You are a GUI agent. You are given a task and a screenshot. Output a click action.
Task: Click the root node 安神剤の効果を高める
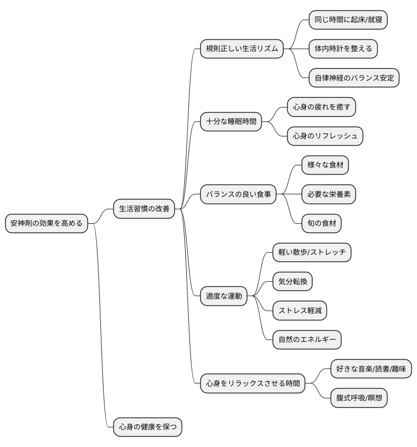[47, 223]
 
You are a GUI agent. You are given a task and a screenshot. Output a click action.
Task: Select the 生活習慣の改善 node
[144, 209]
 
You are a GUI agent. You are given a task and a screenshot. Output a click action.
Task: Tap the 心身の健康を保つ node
[147, 427]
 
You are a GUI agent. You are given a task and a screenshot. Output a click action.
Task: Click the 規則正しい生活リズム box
[242, 49]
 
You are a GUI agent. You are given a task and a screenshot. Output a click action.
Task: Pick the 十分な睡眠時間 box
[231, 121]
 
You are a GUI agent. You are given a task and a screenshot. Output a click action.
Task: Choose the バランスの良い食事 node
[238, 194]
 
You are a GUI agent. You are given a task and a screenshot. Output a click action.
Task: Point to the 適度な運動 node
[224, 296]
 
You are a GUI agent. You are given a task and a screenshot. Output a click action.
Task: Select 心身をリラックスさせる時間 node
[252, 383]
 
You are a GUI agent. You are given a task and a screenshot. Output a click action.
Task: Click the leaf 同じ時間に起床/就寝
[348, 20]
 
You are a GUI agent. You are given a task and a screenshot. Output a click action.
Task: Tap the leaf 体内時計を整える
[343, 49]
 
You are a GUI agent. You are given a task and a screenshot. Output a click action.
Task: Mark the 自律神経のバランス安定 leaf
[354, 78]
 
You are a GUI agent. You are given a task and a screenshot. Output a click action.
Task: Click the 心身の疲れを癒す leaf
[321, 107]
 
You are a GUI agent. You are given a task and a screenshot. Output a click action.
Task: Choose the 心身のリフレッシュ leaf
[325, 136]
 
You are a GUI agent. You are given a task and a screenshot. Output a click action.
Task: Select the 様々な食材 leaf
[325, 165]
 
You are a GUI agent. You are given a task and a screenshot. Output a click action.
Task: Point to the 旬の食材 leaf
[321, 223]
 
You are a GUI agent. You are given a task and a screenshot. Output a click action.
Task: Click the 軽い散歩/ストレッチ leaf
[311, 252]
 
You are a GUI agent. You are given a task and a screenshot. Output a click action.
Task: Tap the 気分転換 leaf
[292, 281]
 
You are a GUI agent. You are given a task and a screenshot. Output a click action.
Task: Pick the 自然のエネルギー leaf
[307, 340]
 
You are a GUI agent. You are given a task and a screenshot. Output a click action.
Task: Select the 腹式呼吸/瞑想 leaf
[359, 398]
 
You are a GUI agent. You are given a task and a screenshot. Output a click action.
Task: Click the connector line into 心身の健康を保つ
[101, 325]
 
